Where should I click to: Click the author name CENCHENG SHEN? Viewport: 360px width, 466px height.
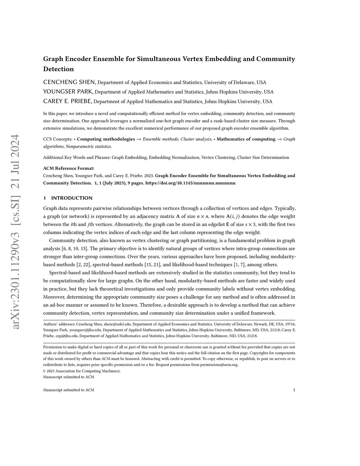(69, 82)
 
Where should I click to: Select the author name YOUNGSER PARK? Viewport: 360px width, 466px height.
(68, 92)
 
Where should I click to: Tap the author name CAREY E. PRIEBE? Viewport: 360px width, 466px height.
(67, 101)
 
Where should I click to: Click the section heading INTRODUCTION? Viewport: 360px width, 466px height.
(72, 198)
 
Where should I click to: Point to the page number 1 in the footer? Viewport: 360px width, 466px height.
(294, 390)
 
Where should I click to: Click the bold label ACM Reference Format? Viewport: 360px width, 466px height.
(69, 168)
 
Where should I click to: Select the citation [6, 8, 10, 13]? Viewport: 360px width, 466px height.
(75, 249)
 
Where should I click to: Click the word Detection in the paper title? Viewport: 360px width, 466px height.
(58, 69)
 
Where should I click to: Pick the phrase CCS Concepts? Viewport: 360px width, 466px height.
(58, 139)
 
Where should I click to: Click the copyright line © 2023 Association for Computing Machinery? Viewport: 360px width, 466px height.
(82, 371)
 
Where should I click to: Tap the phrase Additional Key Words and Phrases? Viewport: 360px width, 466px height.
(76, 158)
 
